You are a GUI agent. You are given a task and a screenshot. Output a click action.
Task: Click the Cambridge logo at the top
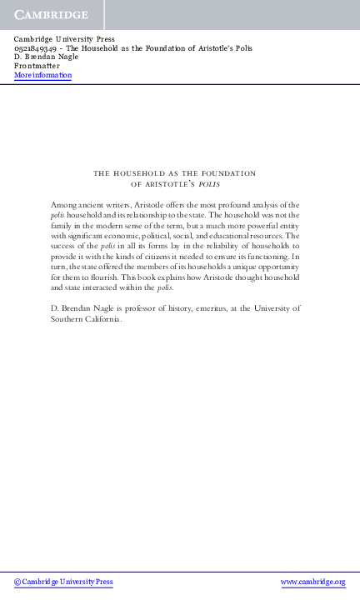tap(51, 15)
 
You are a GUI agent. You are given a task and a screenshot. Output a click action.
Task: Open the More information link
tap(42, 76)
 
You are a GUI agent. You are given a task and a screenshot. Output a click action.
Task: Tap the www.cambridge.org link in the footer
tap(312, 582)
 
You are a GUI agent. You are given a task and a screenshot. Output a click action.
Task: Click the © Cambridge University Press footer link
tap(63, 582)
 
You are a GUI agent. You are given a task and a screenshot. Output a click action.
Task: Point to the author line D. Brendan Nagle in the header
tap(44, 57)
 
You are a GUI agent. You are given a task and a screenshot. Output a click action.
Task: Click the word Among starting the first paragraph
tap(66, 205)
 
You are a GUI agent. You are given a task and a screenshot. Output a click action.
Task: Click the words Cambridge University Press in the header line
tap(65, 39)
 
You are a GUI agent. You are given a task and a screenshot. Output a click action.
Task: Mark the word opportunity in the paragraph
tap(274, 264)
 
